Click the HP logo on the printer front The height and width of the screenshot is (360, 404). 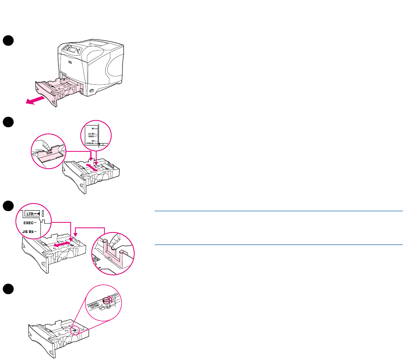click(x=69, y=62)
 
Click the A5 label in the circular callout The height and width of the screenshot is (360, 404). click(x=93, y=128)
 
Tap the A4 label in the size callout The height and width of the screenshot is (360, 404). click(x=93, y=140)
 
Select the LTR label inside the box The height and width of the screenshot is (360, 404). click(x=29, y=214)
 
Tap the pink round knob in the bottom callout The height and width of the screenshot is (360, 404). click(x=107, y=300)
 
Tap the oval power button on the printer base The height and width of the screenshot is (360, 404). click(x=92, y=91)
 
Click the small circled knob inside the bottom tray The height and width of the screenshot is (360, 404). click(x=75, y=330)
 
